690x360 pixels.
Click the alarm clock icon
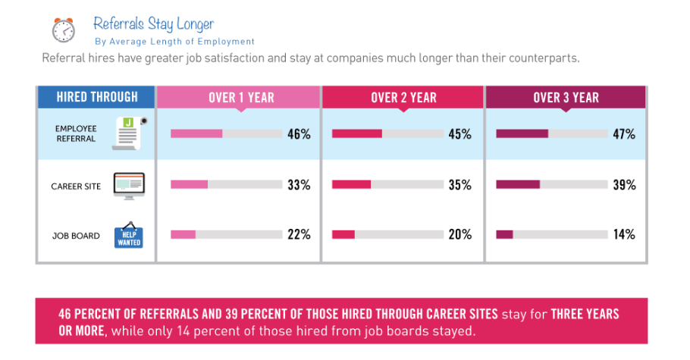(64, 29)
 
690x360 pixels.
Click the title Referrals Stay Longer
(153, 23)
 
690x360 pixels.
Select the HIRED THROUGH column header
(97, 97)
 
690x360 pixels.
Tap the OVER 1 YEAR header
(241, 98)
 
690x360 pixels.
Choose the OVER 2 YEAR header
(403, 98)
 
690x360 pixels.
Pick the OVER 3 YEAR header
(566, 98)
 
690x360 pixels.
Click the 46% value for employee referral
(299, 134)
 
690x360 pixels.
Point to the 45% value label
(459, 134)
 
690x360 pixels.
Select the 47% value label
(624, 134)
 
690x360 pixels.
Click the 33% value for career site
(299, 185)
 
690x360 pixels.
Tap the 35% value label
(459, 185)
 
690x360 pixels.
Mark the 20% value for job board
(459, 234)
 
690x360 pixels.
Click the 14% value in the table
(624, 234)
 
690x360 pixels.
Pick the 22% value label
(299, 234)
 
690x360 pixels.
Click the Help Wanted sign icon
(127, 236)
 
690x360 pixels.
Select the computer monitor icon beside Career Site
(128, 185)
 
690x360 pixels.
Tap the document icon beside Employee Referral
(128, 133)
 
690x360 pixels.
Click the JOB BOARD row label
(76, 236)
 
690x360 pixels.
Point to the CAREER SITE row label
(76, 186)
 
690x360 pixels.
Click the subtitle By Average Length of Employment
(174, 42)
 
